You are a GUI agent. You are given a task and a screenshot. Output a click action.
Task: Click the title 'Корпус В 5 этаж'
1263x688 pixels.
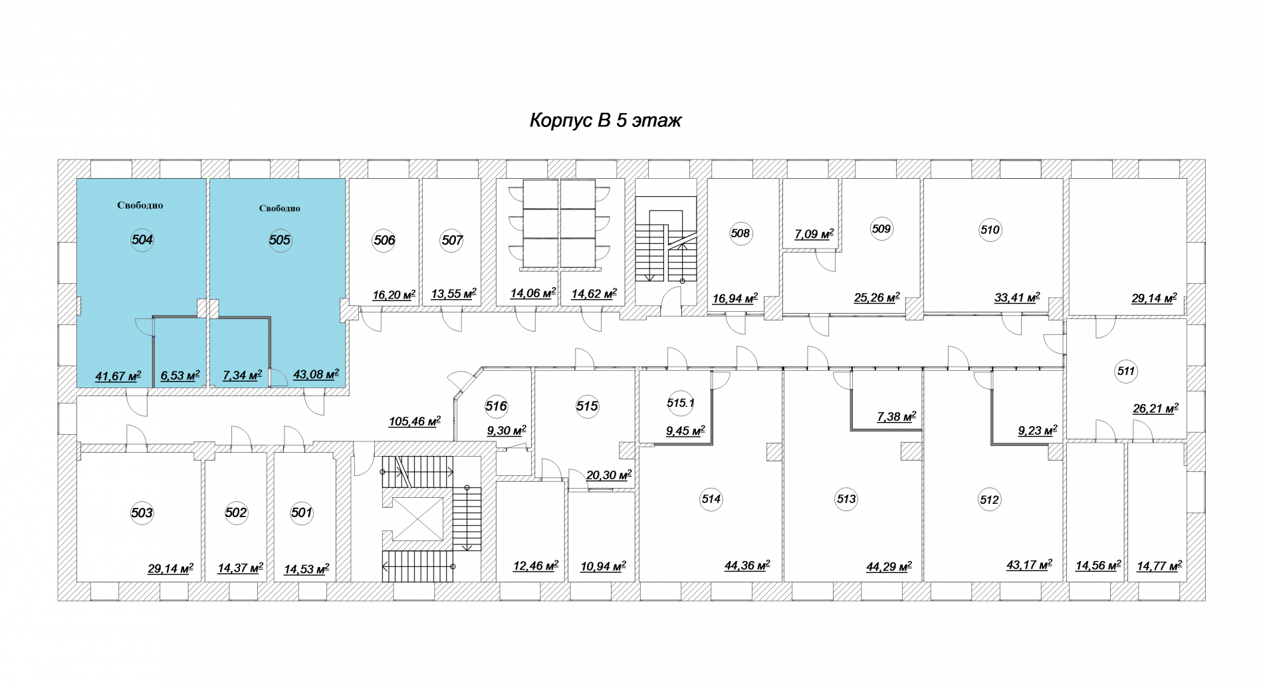[606, 120]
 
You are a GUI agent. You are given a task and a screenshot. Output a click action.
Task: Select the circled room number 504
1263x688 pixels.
[142, 240]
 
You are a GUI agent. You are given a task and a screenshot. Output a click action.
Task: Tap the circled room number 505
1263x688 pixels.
[280, 240]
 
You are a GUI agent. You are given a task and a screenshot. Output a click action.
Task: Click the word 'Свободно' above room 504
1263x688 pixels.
[140, 205]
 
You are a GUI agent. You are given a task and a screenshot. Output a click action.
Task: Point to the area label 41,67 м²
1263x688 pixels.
[118, 376]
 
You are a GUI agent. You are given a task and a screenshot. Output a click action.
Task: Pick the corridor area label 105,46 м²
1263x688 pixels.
[415, 421]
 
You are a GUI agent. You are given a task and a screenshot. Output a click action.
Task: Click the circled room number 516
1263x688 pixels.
[496, 406]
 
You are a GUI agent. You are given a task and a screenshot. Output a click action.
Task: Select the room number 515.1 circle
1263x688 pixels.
[680, 403]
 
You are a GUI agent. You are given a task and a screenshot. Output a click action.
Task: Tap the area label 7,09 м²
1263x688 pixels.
[814, 234]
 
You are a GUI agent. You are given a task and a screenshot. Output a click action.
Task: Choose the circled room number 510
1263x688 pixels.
[990, 230]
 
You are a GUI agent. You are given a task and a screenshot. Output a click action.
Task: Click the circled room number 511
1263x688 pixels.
[1126, 371]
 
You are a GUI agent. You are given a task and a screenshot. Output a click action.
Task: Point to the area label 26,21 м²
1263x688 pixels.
[1155, 409]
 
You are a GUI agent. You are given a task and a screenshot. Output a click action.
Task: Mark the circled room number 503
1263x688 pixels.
[142, 513]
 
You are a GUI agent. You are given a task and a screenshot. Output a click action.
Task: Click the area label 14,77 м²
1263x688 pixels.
[1159, 566]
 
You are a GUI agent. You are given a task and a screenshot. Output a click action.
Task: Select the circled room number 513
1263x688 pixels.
[846, 499]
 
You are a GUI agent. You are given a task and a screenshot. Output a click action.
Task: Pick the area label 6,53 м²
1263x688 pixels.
[180, 376]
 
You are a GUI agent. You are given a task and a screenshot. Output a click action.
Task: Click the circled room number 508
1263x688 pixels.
[740, 233]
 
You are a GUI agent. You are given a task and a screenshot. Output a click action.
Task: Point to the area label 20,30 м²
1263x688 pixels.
[609, 475]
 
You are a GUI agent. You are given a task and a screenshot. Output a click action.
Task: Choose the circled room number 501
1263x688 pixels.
[302, 513]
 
